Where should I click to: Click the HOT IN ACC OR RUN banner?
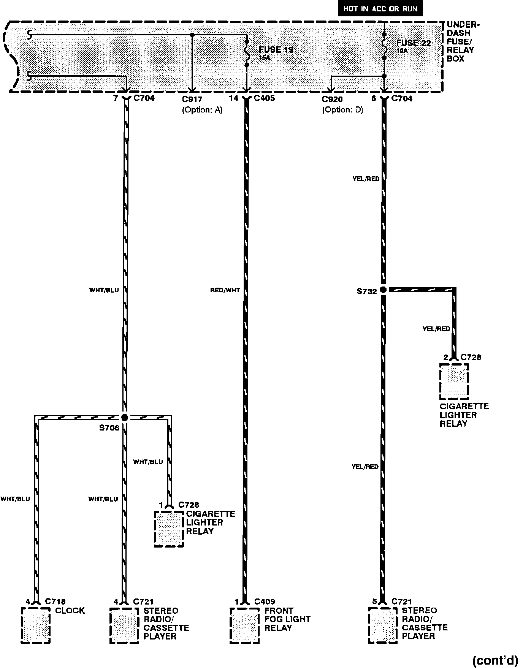click(x=380, y=9)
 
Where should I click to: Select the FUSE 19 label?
click(x=276, y=50)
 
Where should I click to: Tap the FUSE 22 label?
click(x=414, y=43)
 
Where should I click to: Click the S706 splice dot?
click(x=124, y=417)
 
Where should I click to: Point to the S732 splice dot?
click(x=383, y=290)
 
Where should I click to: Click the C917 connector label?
click(x=192, y=100)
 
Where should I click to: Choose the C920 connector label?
click(x=332, y=100)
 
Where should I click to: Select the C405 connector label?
click(x=264, y=98)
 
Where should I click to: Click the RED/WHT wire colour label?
click(x=225, y=290)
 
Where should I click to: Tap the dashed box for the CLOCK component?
click(x=35, y=625)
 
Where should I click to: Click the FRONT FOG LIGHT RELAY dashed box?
click(x=245, y=625)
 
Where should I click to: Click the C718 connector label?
click(x=55, y=602)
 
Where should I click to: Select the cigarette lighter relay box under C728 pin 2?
click(x=454, y=381)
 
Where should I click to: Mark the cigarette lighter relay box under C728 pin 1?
click(x=169, y=529)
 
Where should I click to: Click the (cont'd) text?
click(x=495, y=660)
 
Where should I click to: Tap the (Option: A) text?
click(x=202, y=110)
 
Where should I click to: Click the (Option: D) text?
click(x=342, y=110)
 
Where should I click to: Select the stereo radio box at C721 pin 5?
click(x=383, y=625)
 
